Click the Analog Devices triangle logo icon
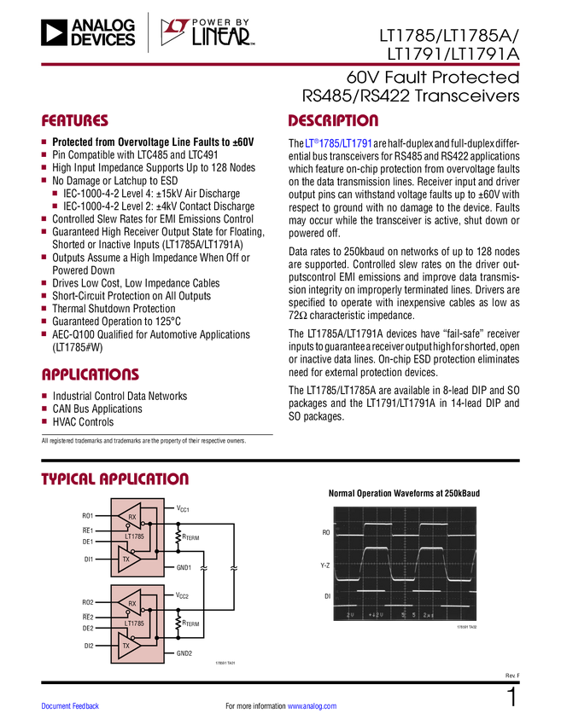[x=53, y=33]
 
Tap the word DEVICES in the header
[x=103, y=40]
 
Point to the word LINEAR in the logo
[x=221, y=37]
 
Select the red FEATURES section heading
[x=75, y=122]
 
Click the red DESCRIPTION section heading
[x=334, y=121]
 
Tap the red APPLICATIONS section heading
[x=91, y=374]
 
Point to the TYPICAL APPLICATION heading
[x=115, y=479]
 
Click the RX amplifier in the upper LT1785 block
[x=131, y=517]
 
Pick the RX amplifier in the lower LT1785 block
[x=131, y=604]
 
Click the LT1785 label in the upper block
[x=133, y=537]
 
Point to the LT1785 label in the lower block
[x=133, y=624]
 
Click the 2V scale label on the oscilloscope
[x=350, y=614]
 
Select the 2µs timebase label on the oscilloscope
[x=428, y=614]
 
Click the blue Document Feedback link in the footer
[x=71, y=706]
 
